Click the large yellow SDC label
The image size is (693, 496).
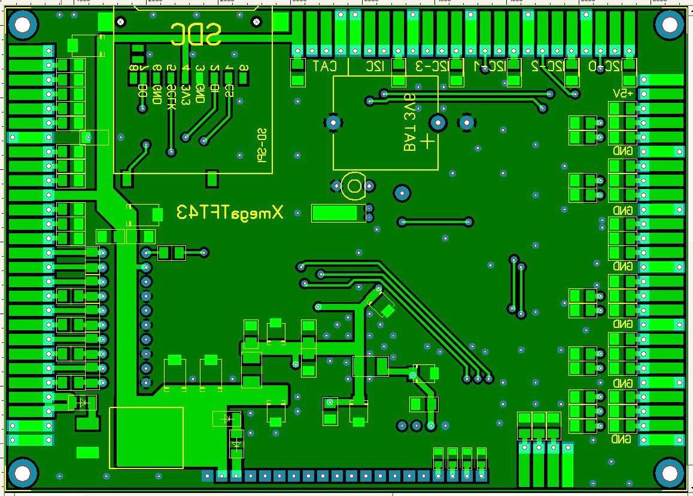pyautogui.click(x=196, y=35)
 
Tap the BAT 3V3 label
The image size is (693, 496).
pyautogui.click(x=410, y=122)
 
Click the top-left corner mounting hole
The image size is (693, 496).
pyautogui.click(x=23, y=25)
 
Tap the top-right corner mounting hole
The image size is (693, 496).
pyautogui.click(x=669, y=25)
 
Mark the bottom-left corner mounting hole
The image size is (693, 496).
pyautogui.click(x=23, y=473)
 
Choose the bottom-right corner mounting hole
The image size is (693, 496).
pyautogui.click(x=669, y=473)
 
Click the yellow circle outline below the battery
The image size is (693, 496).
pyautogui.click(x=354, y=186)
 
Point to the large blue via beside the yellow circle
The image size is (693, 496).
pyautogui.click(x=402, y=193)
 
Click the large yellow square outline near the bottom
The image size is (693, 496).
pyautogui.click(x=146, y=437)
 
